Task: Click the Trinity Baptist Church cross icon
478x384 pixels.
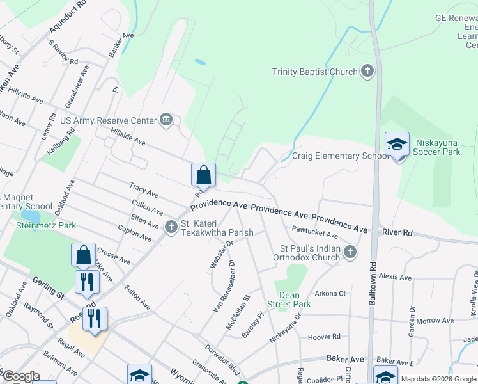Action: [x=367, y=72]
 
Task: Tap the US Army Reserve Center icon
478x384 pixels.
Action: [x=166, y=120]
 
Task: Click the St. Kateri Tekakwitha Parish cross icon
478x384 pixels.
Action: [x=171, y=227]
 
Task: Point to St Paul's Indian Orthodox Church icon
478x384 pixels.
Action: [x=350, y=252]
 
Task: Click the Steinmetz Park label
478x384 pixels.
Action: [x=47, y=225]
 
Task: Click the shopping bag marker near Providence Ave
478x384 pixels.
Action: [x=203, y=175]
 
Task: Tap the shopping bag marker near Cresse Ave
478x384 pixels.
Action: [x=84, y=255]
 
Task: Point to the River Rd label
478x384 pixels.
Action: [x=399, y=233]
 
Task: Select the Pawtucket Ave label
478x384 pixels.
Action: [x=314, y=231]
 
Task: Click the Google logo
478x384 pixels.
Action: [x=20, y=376]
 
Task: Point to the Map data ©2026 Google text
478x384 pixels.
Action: [x=438, y=379]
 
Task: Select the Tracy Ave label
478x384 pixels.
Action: [x=144, y=191]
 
